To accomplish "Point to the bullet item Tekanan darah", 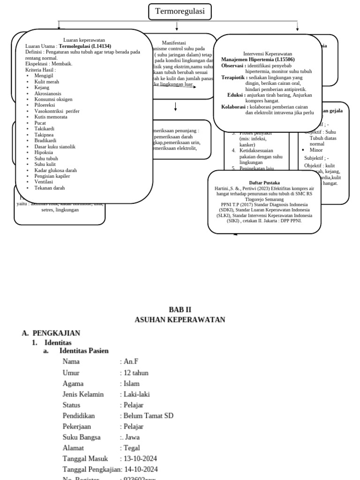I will pyautogui.click(x=49, y=188).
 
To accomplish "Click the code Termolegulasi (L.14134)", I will pyautogui.click(x=85, y=46).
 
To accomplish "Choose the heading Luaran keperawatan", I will pyautogui.click(x=84, y=40).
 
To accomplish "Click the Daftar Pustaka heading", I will pyautogui.click(x=264, y=182).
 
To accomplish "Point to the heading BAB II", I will pyautogui.click(x=180, y=309).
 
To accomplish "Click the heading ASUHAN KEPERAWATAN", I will pyautogui.click(x=180, y=320).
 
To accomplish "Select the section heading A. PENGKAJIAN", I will pyautogui.click(x=51, y=333).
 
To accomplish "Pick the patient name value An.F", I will pyautogui.click(x=131, y=361).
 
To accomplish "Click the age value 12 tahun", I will pyautogui.click(x=135, y=373).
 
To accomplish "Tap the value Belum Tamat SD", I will pyautogui.click(x=148, y=416).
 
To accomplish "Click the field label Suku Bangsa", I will pyautogui.click(x=82, y=437).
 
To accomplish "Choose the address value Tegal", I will pyautogui.click(x=132, y=448).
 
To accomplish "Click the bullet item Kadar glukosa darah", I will pyautogui.click(x=55, y=170).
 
